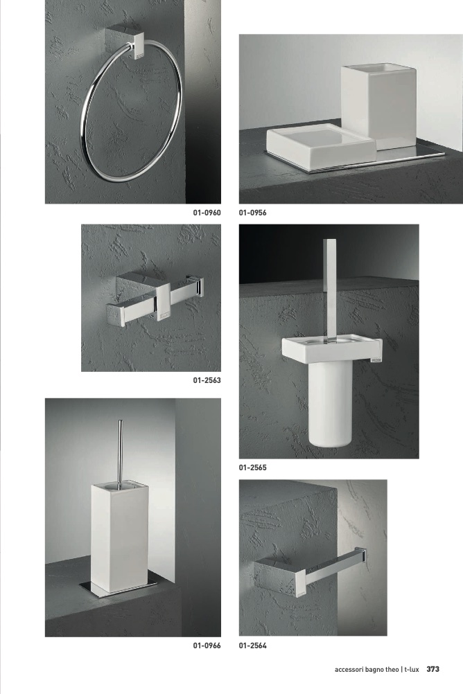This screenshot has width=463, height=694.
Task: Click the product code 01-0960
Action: point(207,213)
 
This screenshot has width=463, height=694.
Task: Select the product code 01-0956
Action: point(252,213)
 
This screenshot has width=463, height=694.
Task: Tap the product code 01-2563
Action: point(207,380)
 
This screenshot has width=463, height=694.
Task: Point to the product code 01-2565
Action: point(252,468)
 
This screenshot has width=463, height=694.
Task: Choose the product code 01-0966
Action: point(207,646)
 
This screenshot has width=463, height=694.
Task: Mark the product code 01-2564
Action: point(252,646)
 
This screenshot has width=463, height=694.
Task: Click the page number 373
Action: point(433,669)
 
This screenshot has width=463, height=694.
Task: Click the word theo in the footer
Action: point(392,670)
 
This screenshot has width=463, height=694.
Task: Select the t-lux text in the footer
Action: point(412,670)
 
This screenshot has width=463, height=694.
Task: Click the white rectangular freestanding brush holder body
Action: point(121,537)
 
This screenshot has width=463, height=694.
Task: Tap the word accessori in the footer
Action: point(349,670)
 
